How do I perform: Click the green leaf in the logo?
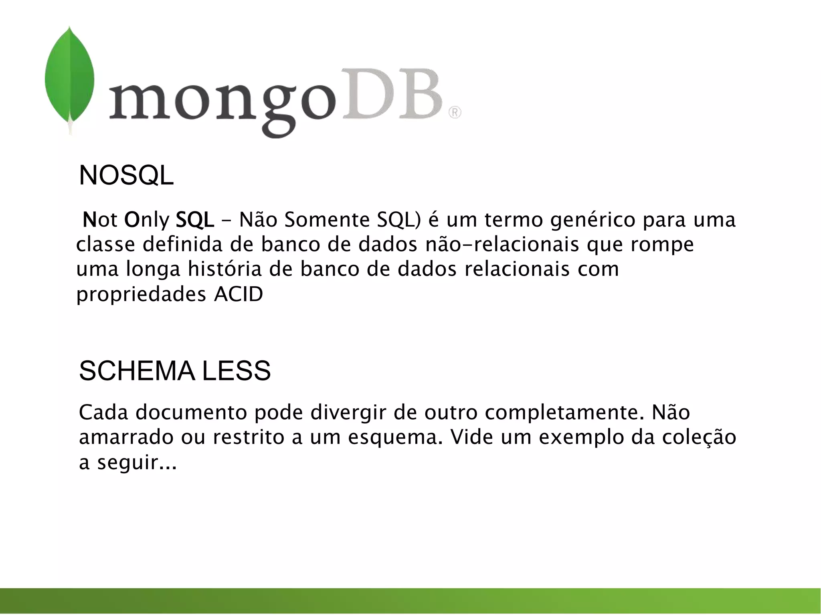pos(69,78)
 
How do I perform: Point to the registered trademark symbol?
pos(455,113)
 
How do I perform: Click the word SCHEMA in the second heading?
pos(137,371)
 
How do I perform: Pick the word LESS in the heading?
pos(237,371)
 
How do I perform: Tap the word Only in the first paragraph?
pos(147,220)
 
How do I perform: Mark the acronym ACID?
pos(239,295)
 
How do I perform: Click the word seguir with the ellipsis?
pos(136,462)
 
